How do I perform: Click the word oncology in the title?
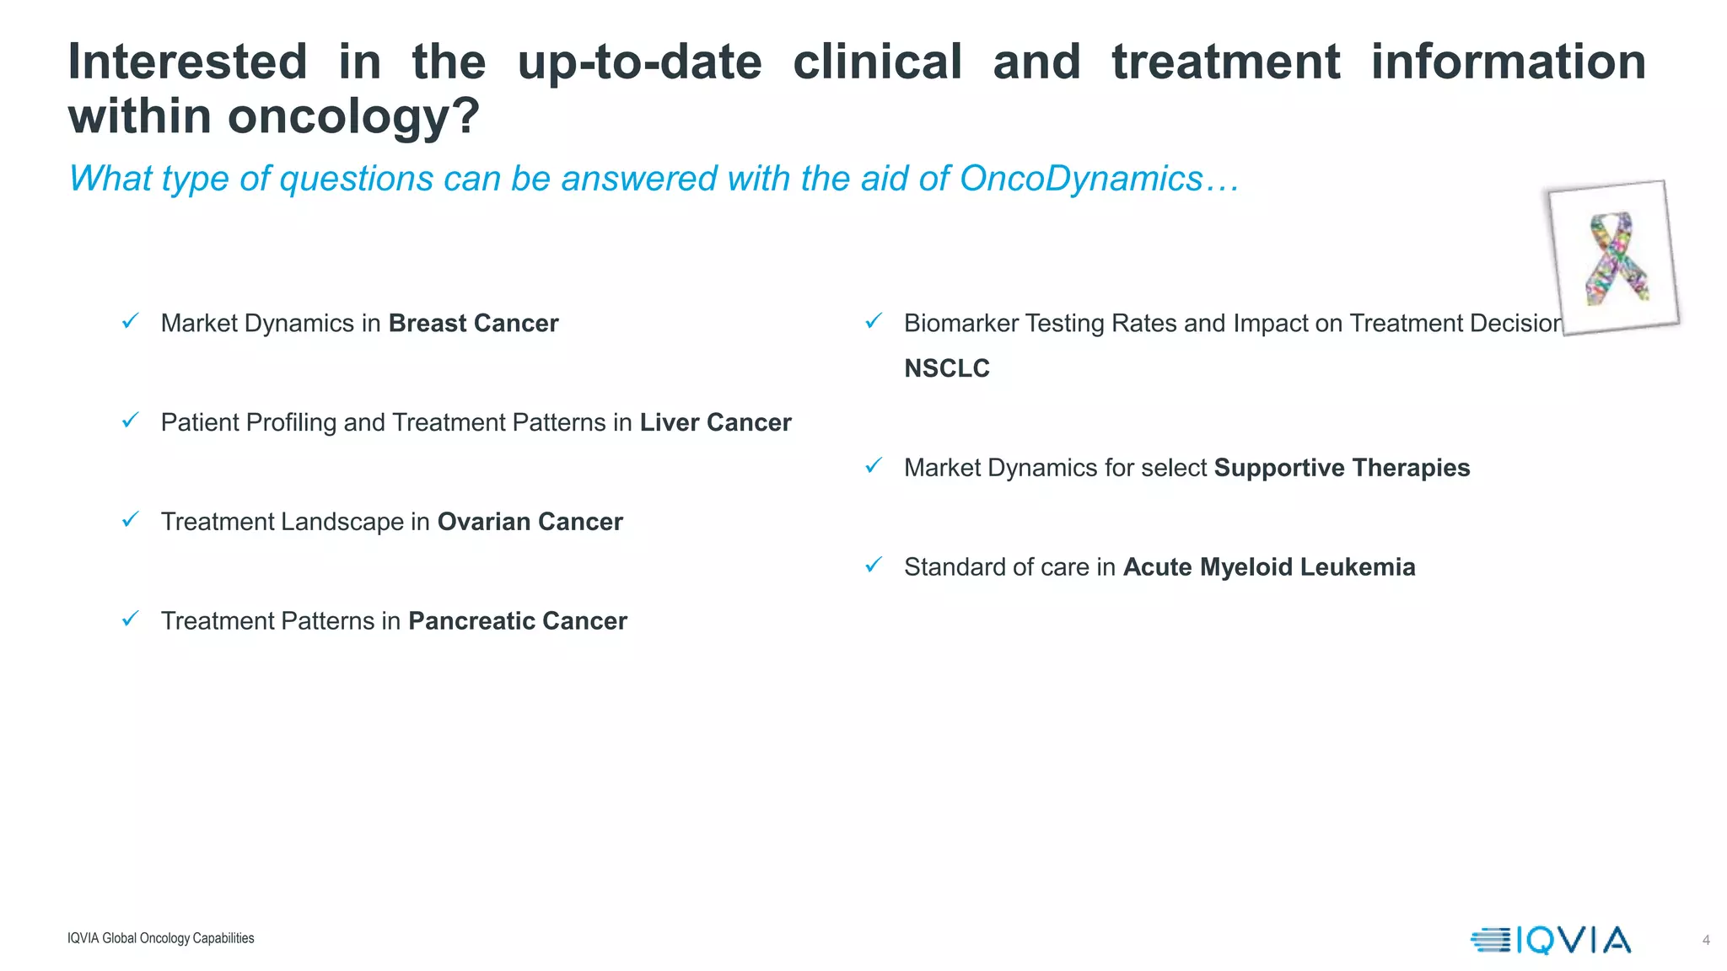(346, 117)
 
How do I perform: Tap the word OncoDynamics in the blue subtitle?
(1080, 179)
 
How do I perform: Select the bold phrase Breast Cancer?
(473, 324)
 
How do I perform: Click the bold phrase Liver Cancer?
(715, 422)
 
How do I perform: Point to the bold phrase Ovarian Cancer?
(530, 522)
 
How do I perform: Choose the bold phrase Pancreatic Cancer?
(517, 621)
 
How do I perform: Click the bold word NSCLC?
(946, 368)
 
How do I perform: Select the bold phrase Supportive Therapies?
(1342, 468)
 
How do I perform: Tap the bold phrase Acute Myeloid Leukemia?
(1268, 567)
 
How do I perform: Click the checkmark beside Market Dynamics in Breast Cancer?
(130, 321)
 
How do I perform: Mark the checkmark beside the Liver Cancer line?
(130, 420)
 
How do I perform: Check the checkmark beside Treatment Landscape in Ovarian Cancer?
(130, 519)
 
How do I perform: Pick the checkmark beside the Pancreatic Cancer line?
(130, 619)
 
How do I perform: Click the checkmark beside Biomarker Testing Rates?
(874, 321)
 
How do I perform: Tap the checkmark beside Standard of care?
(874, 565)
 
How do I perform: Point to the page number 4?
(1706, 940)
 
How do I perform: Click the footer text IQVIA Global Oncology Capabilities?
(160, 938)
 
